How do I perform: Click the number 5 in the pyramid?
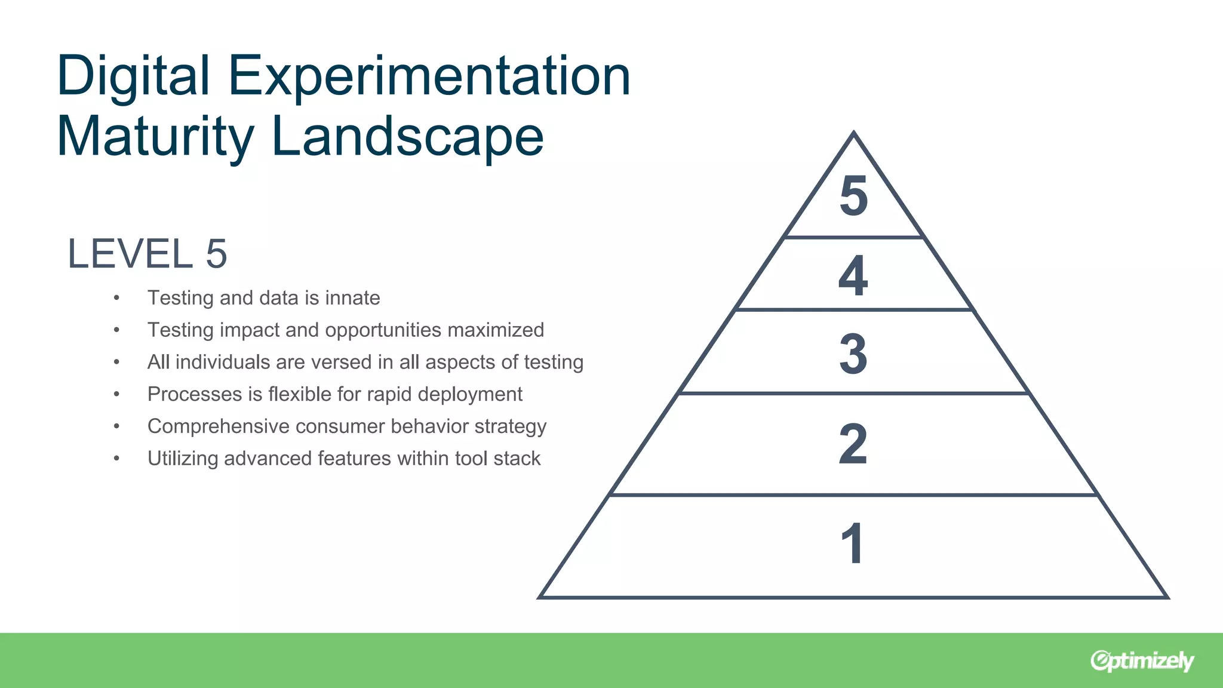pos(853,196)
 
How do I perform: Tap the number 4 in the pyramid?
pos(853,275)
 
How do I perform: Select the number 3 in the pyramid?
pos(853,354)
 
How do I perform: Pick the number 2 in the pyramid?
pos(853,444)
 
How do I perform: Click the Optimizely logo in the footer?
pos(1142,661)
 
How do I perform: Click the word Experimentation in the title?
pos(429,76)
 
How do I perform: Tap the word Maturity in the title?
pos(155,137)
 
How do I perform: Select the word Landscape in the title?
pos(407,137)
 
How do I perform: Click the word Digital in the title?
pos(133,76)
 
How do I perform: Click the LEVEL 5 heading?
pos(147,254)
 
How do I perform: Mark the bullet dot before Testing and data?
pos(116,297)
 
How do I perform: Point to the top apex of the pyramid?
pos(853,133)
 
